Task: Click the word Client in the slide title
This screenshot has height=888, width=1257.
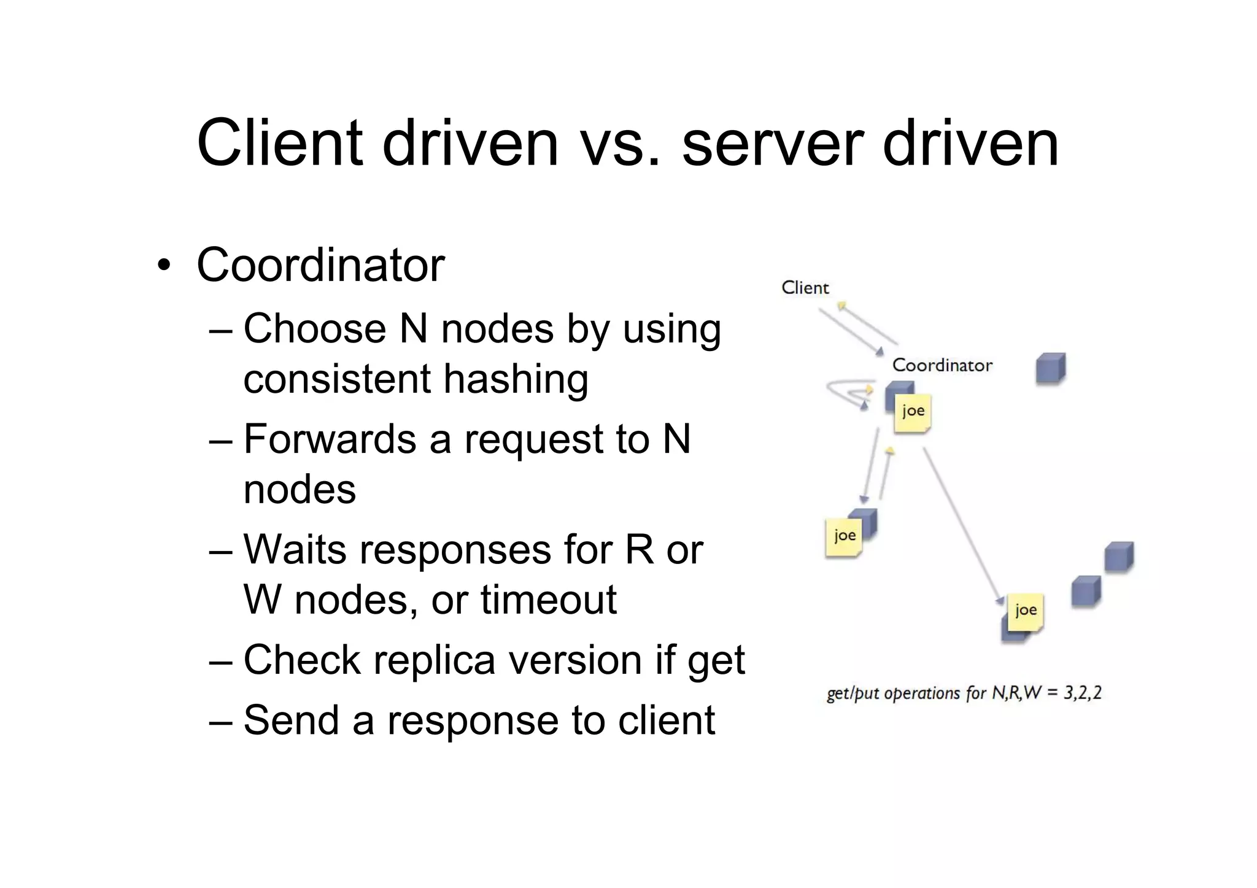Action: click(x=280, y=144)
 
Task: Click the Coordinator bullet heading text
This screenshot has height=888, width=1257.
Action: click(x=320, y=265)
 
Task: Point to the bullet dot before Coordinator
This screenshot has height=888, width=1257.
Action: click(x=163, y=266)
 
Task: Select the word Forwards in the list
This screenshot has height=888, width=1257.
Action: click(x=330, y=439)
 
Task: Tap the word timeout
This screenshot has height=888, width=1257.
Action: click(x=548, y=600)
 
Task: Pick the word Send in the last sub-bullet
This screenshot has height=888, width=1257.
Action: click(x=291, y=720)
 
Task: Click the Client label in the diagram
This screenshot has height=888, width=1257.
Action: click(x=805, y=288)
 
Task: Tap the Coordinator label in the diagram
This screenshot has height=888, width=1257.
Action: click(x=942, y=365)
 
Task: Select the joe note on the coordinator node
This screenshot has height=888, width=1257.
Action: click(x=913, y=412)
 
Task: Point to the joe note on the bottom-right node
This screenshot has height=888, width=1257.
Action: click(x=1025, y=611)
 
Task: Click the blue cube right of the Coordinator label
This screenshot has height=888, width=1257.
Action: click(x=1050, y=368)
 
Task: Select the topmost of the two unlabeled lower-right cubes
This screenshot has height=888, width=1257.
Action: click(x=1118, y=557)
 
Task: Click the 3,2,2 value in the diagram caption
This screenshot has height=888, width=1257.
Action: click(x=1082, y=693)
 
